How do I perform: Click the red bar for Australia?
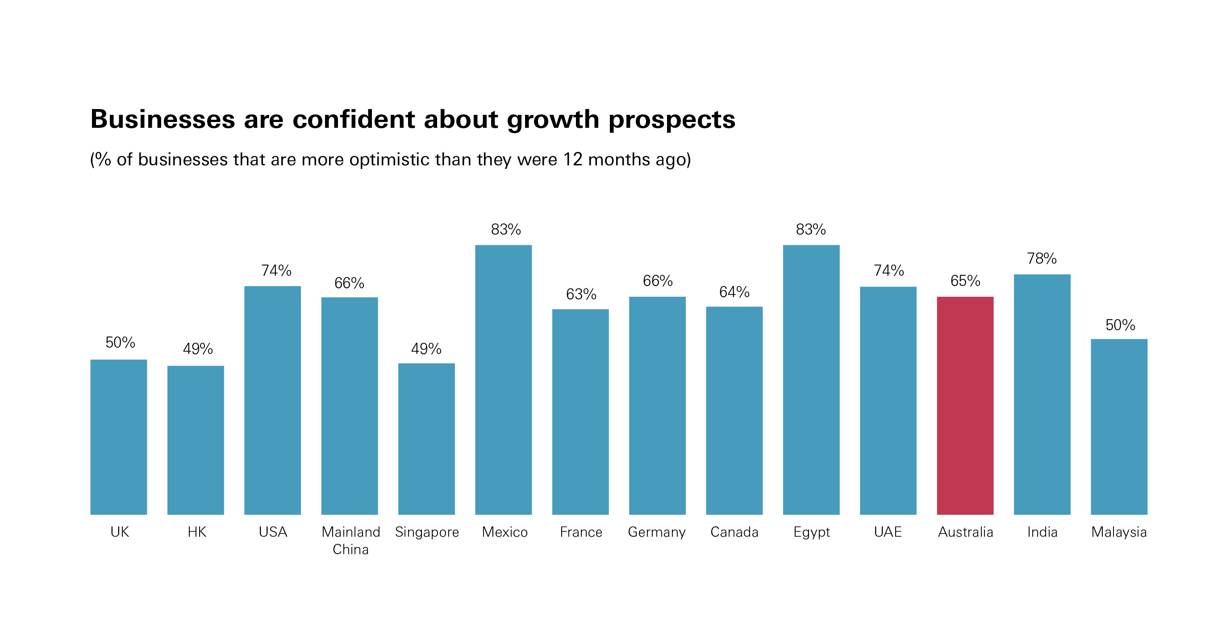click(965, 405)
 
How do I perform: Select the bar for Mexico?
click(503, 379)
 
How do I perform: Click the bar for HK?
click(196, 440)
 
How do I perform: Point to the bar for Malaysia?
click(1119, 427)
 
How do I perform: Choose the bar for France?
click(580, 412)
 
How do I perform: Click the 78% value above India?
click(1042, 259)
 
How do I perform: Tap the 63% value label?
click(581, 294)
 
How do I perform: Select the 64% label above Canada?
click(734, 292)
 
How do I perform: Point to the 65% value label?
click(965, 281)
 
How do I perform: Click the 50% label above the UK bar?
click(120, 342)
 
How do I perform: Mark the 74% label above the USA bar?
click(276, 270)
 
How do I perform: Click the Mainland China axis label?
click(351, 541)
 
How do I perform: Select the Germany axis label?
click(657, 532)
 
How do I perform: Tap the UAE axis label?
click(888, 532)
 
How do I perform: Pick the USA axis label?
click(273, 532)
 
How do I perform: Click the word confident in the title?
click(353, 119)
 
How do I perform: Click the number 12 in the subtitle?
click(572, 160)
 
